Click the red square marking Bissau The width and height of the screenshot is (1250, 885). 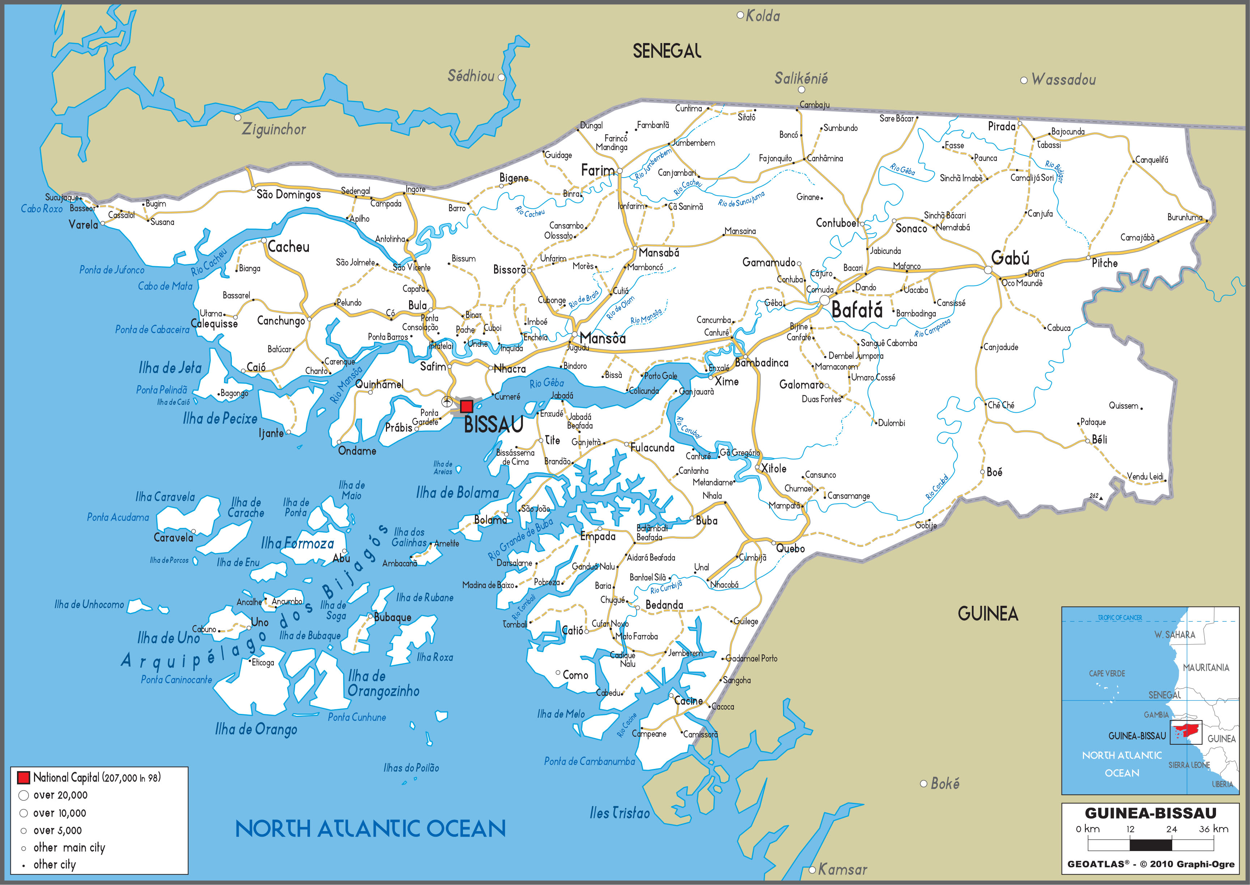(467, 406)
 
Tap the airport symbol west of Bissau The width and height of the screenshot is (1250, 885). (447, 402)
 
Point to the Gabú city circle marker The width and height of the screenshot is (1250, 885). (988, 270)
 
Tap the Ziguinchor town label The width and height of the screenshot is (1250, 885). (273, 129)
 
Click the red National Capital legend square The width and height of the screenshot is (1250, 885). (24, 777)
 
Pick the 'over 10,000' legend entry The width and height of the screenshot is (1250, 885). (59, 813)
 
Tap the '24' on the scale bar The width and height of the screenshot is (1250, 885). (1172, 829)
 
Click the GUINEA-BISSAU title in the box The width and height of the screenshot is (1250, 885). (1150, 813)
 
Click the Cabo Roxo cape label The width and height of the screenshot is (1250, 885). (41, 209)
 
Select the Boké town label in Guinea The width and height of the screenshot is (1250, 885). (945, 784)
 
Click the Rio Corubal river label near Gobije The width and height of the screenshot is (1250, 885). (937, 487)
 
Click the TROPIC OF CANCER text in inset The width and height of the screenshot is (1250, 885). (1120, 617)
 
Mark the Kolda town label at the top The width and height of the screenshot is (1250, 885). (762, 16)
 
